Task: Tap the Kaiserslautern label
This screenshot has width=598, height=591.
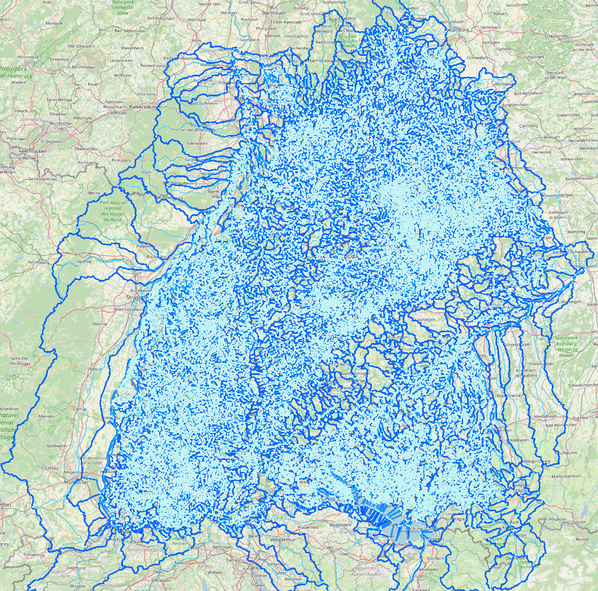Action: [x=147, y=107]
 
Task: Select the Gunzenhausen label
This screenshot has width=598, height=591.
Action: [x=577, y=178]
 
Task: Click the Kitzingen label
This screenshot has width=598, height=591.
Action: [x=490, y=43]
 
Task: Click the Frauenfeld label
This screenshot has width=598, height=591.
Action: [x=308, y=527]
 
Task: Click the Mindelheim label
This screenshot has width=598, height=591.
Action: [x=546, y=417]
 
